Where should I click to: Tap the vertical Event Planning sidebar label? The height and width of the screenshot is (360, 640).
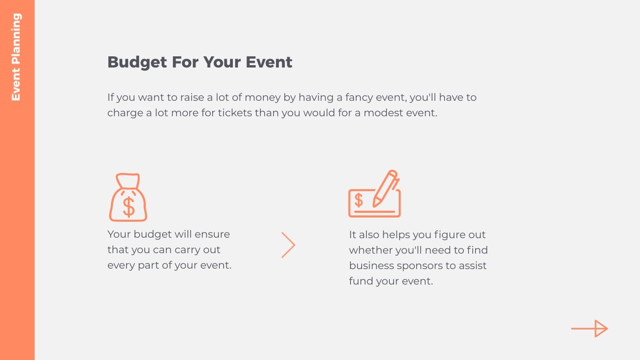(16, 57)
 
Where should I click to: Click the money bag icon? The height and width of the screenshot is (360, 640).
(128, 197)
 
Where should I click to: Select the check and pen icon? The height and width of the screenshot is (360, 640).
(374, 194)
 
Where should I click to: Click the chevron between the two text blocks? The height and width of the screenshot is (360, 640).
(288, 245)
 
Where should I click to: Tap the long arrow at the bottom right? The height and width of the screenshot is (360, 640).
(589, 329)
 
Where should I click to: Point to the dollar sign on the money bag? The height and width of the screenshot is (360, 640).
(128, 207)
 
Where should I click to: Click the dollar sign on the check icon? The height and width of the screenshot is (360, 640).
(358, 200)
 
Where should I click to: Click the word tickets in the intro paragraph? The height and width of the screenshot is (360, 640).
(235, 113)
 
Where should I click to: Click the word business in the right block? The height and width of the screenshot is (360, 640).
(371, 266)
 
